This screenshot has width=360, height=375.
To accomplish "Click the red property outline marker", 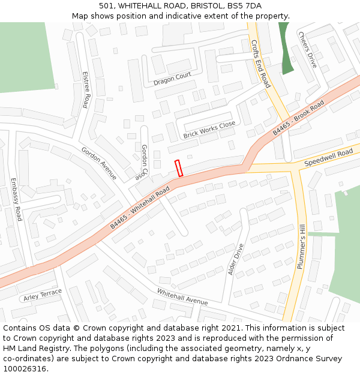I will pyautogui.click(x=178, y=168).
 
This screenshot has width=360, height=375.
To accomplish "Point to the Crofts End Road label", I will pyautogui.click(x=261, y=65).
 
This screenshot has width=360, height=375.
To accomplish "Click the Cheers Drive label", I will pyautogui.click(x=307, y=50).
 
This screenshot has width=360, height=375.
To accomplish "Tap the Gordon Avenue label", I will pyautogui.click(x=99, y=163).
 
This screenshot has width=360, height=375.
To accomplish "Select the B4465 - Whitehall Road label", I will pyautogui.click(x=140, y=207).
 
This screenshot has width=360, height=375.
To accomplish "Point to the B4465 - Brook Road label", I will pyautogui.click(x=298, y=118).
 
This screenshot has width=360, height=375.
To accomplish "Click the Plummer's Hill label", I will pyautogui.click(x=301, y=245).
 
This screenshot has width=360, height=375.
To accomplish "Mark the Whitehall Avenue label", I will pyautogui.click(x=182, y=296).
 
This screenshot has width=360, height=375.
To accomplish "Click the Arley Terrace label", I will pyautogui.click(x=43, y=295).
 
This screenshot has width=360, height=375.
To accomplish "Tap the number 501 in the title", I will pyautogui.click(x=107, y=5).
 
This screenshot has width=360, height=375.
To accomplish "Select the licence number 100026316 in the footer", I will pyautogui.click(x=25, y=369).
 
